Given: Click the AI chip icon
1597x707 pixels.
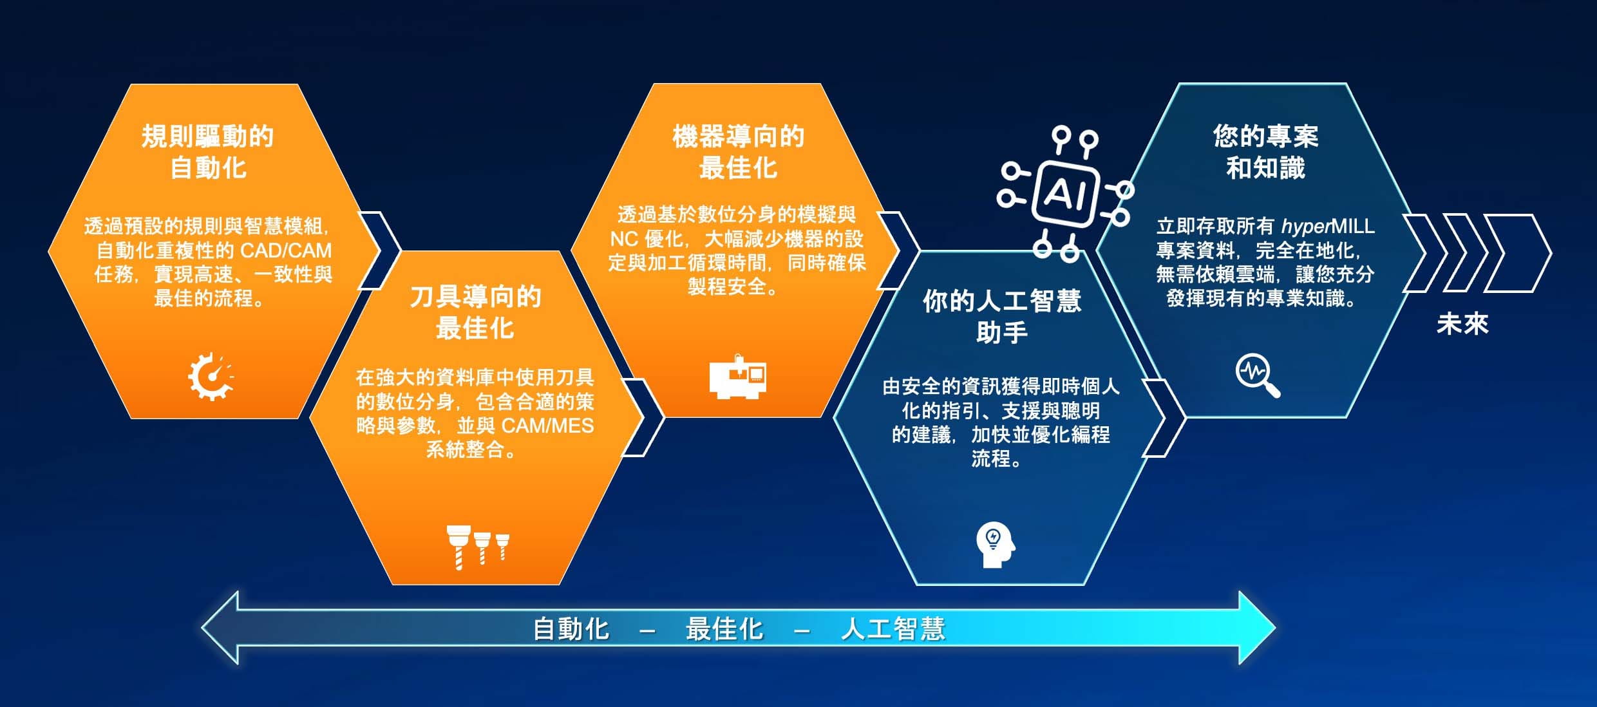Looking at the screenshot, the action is [x=1066, y=194].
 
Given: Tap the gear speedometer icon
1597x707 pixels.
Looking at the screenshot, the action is [x=211, y=376].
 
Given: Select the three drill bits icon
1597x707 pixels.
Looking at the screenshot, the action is [x=478, y=547].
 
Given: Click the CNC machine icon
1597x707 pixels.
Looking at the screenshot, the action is [x=738, y=377].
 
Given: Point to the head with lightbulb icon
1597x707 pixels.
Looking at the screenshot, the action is [x=996, y=545].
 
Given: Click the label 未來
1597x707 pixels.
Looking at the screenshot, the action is [x=1462, y=324].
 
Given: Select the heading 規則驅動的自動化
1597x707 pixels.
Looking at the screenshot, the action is [x=207, y=152].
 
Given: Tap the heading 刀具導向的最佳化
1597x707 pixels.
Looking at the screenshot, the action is [x=475, y=312].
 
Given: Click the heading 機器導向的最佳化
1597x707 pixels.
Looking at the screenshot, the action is [x=738, y=152].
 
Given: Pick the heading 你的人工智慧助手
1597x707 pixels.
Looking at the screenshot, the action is [x=1002, y=316].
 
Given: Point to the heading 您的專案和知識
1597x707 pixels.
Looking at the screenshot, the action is [x=1265, y=152].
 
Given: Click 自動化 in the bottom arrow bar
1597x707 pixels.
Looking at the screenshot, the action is [x=571, y=628].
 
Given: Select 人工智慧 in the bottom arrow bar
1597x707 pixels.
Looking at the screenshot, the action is [x=893, y=628].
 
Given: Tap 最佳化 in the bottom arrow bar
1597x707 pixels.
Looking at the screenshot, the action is [x=724, y=628].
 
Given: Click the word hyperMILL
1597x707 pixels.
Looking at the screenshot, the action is [x=1328, y=226].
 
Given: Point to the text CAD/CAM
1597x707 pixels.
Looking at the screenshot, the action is [x=286, y=250].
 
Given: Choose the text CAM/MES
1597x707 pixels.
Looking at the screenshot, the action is [x=547, y=426].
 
